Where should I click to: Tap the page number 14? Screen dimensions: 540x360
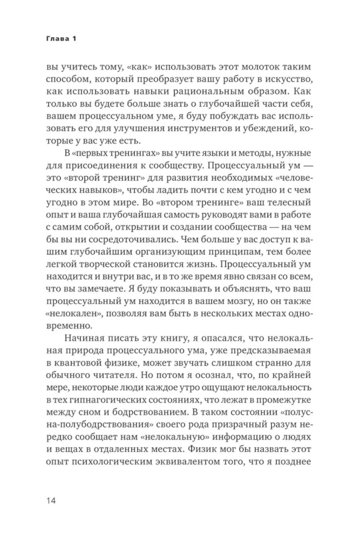51,500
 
